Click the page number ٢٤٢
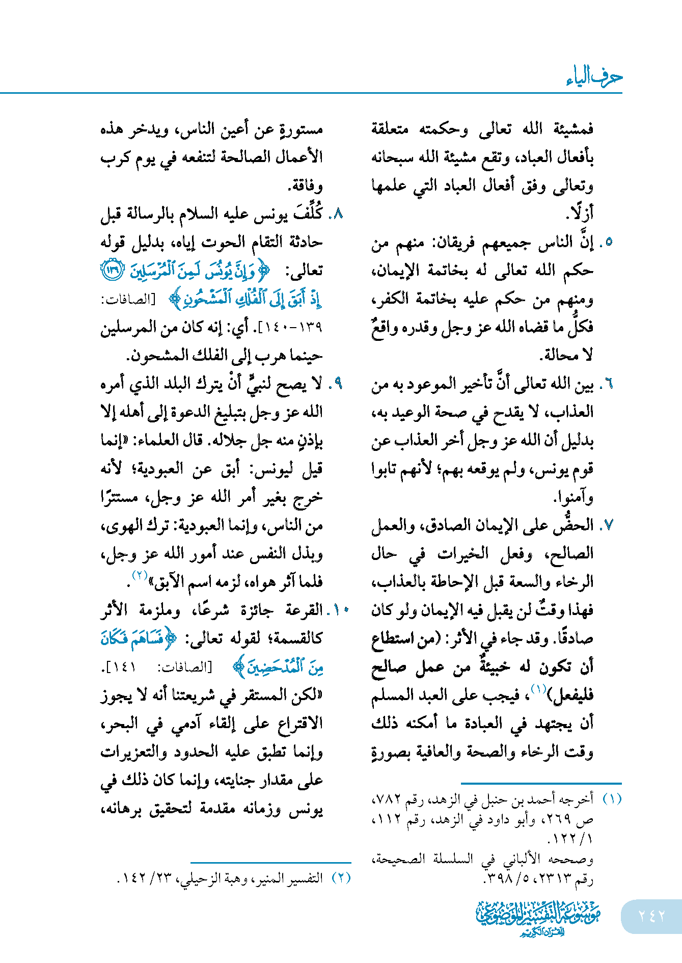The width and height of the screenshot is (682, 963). coord(651,916)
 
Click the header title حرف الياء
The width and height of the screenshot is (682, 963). coord(594,76)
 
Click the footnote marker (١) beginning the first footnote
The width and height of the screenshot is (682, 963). coord(612,799)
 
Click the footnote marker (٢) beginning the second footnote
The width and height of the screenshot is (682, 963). coord(341,878)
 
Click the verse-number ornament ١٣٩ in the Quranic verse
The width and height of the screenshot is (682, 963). coord(112,270)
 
